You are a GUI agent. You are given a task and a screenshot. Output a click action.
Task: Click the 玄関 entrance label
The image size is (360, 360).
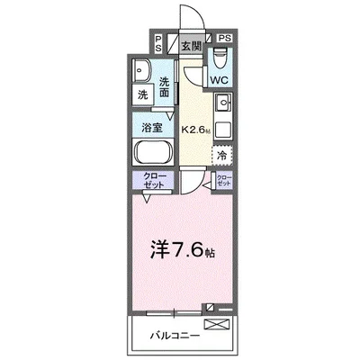point(189,46)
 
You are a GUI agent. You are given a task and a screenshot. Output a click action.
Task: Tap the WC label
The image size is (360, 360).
point(220,80)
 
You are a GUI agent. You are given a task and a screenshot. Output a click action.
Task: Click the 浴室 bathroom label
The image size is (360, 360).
point(153,126)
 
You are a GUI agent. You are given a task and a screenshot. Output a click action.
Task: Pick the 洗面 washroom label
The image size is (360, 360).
point(165,87)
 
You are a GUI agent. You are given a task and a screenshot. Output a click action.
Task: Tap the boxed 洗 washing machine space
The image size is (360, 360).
point(143,94)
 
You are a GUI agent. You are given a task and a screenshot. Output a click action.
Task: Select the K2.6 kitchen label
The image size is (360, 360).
point(195,130)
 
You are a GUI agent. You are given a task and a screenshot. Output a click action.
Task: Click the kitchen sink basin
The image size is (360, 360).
point(222,103)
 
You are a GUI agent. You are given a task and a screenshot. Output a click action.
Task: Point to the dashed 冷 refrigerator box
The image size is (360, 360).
point(221,155)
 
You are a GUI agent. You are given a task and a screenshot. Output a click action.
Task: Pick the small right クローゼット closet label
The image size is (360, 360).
point(222,180)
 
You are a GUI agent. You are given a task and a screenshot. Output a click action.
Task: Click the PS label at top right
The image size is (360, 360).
point(224,39)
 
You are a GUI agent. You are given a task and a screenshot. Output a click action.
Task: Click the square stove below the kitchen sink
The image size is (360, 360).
point(222,129)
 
